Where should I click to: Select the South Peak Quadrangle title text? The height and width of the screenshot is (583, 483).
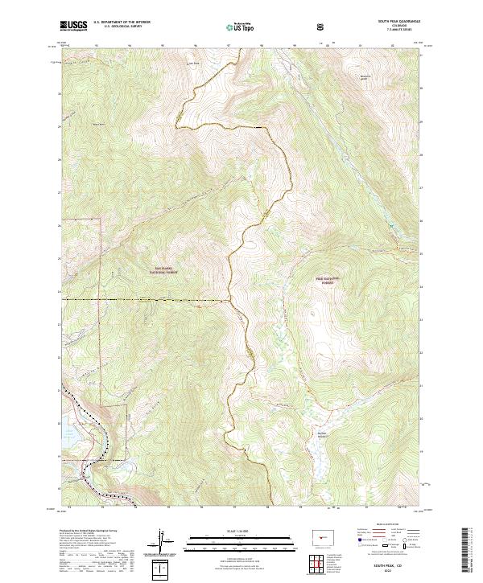[405, 23]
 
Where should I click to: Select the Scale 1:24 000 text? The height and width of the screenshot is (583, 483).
[229, 530]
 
